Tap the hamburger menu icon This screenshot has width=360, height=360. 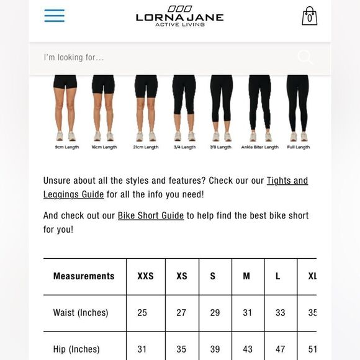point(55,16)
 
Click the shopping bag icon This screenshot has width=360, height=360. point(309,16)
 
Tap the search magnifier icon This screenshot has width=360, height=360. point(305,57)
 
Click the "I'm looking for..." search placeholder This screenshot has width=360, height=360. point(74,58)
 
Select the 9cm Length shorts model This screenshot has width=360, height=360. point(65,109)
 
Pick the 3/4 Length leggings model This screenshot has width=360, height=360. point(184,109)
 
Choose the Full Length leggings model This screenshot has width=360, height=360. point(298,109)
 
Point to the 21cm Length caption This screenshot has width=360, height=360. point(146,148)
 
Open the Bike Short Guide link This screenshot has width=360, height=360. point(151,216)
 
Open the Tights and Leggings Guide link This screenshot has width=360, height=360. point(287,181)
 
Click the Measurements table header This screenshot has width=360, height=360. point(84,276)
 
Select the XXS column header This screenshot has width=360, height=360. point(145,276)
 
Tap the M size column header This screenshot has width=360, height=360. point(246,276)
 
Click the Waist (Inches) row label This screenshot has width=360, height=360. point(81,313)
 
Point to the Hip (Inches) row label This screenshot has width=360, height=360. point(76,349)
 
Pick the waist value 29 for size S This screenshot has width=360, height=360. point(215,313)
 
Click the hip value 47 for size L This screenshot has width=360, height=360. point(280,349)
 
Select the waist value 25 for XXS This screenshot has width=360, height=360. point(142,313)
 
